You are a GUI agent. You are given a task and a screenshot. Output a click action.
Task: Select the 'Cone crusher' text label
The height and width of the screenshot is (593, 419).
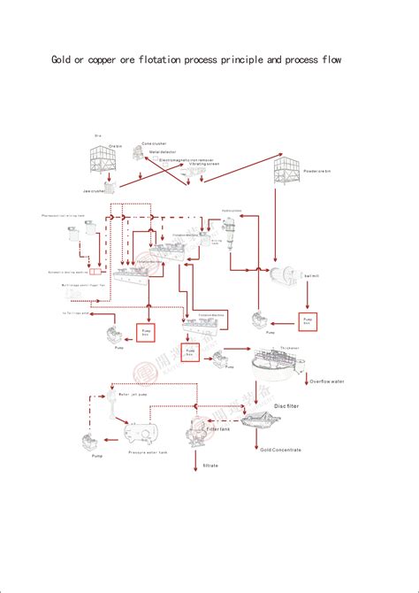(x=155, y=143)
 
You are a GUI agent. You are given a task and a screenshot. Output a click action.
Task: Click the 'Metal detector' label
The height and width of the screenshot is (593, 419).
(x=162, y=152)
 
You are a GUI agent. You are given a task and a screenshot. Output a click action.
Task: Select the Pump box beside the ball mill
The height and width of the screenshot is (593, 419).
(x=307, y=320)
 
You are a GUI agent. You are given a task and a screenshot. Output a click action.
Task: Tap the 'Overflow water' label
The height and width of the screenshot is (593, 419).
(x=327, y=381)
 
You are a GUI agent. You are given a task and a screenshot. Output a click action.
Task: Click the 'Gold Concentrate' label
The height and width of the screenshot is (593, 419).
(x=281, y=451)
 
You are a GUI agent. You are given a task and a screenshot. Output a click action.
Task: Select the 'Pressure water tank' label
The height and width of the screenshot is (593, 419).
(x=149, y=451)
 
